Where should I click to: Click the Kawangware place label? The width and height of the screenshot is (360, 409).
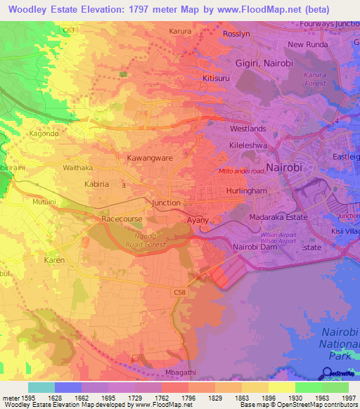(150, 158)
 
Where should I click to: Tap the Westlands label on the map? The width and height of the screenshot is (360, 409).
(248, 129)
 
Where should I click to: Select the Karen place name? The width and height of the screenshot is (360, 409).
(55, 260)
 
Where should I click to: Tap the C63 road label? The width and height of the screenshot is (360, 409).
(69, 31)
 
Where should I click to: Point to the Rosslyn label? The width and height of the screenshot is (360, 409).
(236, 34)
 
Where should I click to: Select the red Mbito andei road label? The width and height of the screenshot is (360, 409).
(241, 170)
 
